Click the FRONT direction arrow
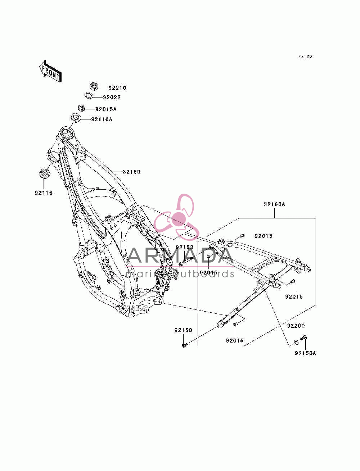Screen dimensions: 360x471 click(x=50, y=71)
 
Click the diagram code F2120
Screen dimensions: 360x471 click(x=305, y=56)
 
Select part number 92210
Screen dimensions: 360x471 click(x=117, y=88)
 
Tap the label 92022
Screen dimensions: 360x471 click(x=112, y=98)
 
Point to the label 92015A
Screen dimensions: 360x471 click(x=106, y=109)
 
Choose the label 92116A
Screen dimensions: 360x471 click(x=102, y=119)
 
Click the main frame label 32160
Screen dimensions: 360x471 click(x=131, y=172)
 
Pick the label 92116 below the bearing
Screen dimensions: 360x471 click(x=44, y=193)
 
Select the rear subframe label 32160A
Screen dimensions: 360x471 click(x=274, y=204)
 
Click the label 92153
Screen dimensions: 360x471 click(x=184, y=247)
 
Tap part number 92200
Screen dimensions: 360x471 click(x=296, y=326)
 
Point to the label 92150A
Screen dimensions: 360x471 click(x=305, y=353)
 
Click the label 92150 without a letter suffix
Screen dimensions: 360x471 click(x=183, y=330)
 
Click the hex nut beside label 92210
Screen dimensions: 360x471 click(x=94, y=86)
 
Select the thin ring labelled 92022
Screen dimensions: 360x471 click(x=88, y=95)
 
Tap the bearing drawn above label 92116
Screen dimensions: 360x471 click(x=45, y=173)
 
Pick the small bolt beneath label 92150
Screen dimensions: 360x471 click(x=184, y=345)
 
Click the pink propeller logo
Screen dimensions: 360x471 click(x=176, y=217)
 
